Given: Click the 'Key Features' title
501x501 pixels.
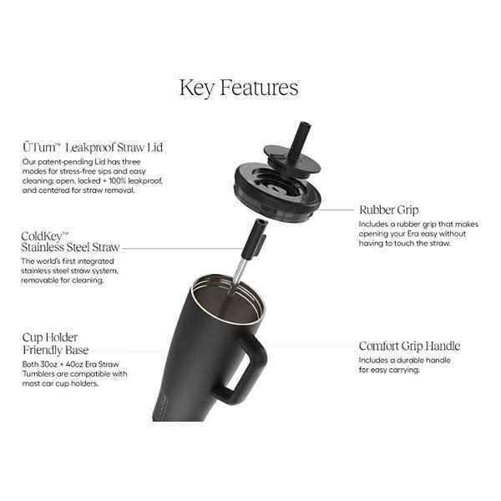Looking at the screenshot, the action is point(239,88).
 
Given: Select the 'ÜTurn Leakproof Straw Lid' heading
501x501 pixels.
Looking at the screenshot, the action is point(93,147).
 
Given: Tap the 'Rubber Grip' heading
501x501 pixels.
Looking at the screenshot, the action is point(389,210).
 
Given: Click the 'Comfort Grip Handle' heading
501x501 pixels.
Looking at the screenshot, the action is point(409,346).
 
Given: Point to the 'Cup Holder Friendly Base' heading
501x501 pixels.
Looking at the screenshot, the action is point(55,344).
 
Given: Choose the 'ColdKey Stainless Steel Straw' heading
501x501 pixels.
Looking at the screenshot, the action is point(70,242).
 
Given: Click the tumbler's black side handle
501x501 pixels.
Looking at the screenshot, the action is point(243,371).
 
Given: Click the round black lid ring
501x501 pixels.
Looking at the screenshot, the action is point(277,191).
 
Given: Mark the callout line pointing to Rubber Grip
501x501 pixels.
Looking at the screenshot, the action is point(336,210).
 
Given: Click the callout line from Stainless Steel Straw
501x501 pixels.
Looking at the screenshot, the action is point(182,248).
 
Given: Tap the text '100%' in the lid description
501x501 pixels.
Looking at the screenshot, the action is point(117,181).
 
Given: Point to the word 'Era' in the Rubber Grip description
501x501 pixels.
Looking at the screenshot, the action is point(412,234).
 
